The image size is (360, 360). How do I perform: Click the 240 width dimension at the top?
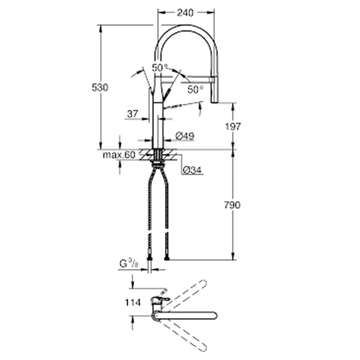point(185,13)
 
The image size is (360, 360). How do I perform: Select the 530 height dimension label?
point(100,88)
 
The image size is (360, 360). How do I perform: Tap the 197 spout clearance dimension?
point(233,127)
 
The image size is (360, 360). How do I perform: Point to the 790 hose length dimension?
point(232,205)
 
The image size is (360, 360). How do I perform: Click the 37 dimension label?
point(133,114)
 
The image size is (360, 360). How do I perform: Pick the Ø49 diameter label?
point(185,136)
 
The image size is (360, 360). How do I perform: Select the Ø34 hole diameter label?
point(192,170)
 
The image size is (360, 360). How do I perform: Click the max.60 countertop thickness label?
point(119,155)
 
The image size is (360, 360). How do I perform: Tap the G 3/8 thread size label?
point(129,263)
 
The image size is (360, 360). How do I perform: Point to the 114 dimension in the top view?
point(133,303)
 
